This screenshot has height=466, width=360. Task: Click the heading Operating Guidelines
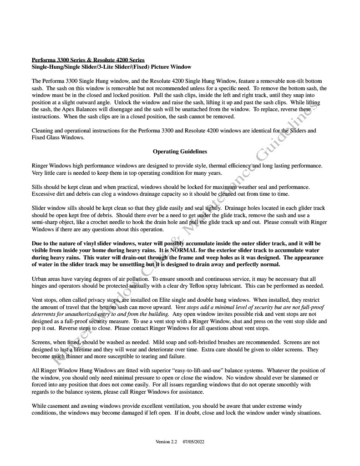(x=180, y=151)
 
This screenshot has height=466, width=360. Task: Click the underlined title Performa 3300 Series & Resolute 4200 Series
(x=88, y=60)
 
